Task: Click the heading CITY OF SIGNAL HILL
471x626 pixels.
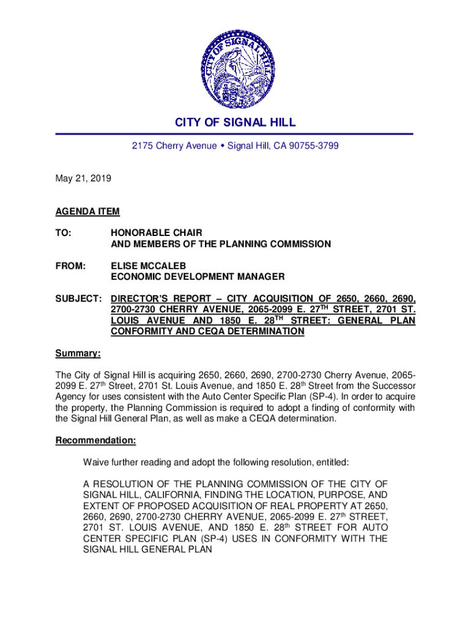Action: click(x=236, y=122)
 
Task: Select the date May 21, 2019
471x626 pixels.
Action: click(x=83, y=179)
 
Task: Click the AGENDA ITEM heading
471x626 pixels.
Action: click(x=87, y=212)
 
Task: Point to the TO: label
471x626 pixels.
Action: click(x=63, y=233)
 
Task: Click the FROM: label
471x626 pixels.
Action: click(x=71, y=266)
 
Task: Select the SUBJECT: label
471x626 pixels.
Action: click(x=78, y=299)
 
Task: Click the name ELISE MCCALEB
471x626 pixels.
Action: click(x=148, y=266)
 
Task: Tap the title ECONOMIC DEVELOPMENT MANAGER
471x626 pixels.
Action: click(x=197, y=277)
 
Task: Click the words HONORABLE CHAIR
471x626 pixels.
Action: click(x=156, y=233)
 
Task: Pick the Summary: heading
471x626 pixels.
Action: click(x=78, y=353)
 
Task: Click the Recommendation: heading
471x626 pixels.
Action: click(x=95, y=440)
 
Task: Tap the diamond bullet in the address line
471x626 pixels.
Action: click(x=222, y=146)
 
